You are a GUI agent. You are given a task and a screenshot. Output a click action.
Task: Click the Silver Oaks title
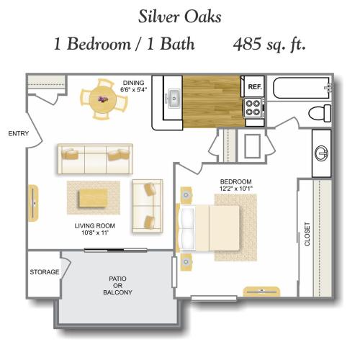179,17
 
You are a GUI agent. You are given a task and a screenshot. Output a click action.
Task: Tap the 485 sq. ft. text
269,45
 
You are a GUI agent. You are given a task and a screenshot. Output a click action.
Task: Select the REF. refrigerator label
255,86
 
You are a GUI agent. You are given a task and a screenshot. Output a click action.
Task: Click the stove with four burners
254,108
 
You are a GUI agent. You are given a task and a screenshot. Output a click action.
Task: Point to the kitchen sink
174,98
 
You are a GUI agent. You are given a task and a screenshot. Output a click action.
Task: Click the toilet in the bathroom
320,113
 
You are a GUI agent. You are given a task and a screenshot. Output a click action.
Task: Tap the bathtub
303,88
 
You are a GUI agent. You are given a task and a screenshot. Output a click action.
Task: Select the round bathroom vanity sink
322,153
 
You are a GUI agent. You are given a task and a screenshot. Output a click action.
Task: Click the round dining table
102,99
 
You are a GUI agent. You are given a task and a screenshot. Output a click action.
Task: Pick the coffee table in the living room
93,198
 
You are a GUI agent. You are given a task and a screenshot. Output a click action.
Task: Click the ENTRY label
19,133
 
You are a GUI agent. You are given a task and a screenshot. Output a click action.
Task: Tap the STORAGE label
45,272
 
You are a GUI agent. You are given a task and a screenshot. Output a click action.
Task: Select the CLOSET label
307,234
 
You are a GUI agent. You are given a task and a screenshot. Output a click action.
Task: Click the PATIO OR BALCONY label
117,286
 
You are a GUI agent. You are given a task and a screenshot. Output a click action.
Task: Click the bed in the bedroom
209,228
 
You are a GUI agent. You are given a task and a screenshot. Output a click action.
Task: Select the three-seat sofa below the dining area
95,159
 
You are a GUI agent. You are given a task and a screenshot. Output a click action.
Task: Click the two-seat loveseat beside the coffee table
148,206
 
